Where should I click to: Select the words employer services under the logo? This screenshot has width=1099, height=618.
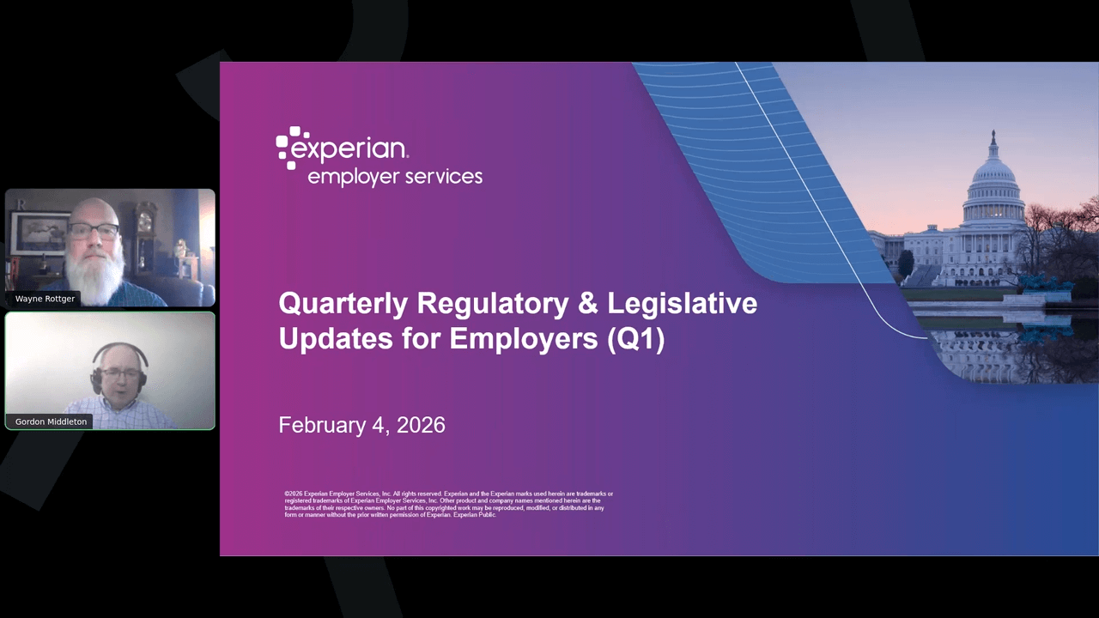395,177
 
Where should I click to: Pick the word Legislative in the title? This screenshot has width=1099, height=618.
682,305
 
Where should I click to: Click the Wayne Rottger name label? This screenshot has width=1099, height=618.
45,299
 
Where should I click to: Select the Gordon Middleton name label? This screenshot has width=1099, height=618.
51,421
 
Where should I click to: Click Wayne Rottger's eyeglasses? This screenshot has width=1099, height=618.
94,230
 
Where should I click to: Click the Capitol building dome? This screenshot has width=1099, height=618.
993,176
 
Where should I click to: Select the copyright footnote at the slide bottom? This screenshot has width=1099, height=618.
446,504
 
